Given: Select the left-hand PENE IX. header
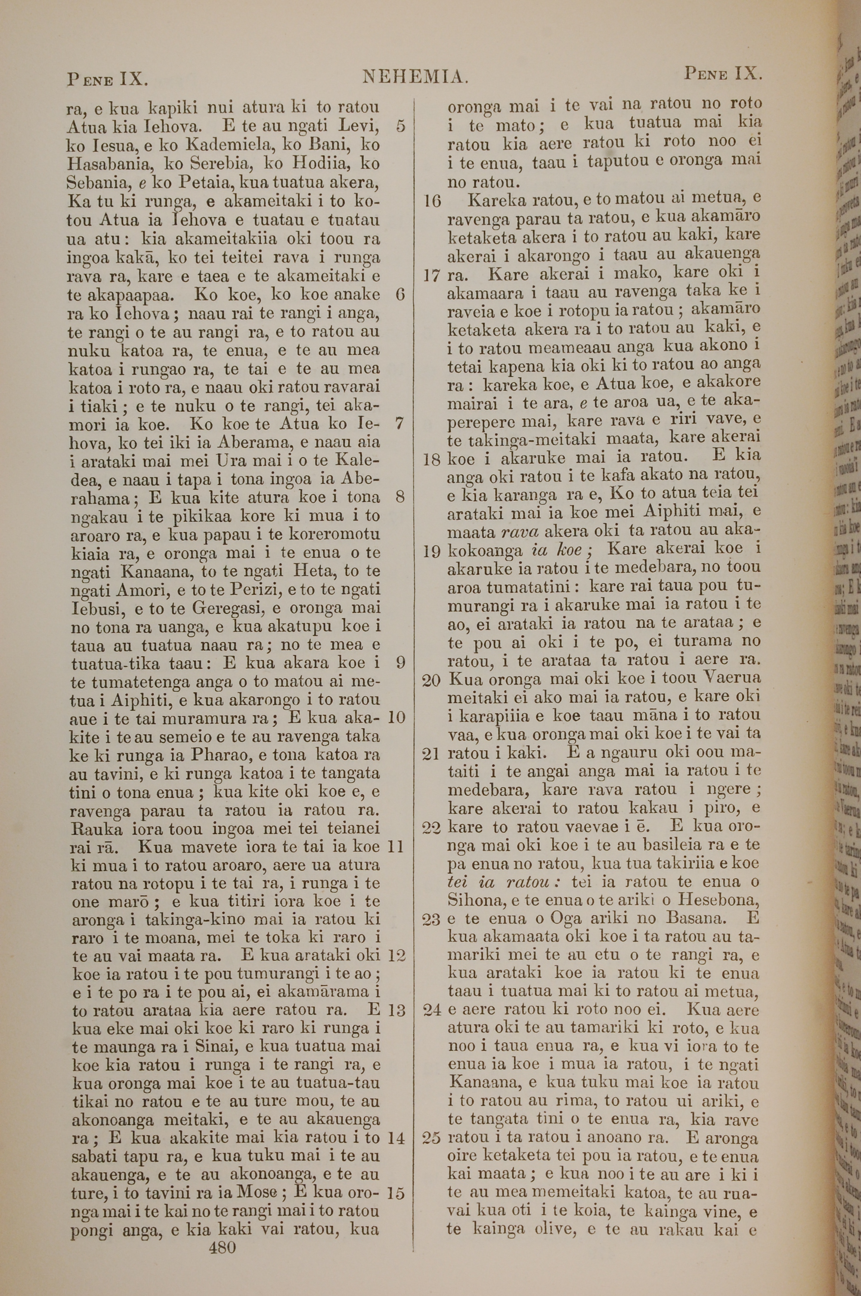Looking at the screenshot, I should (108, 80).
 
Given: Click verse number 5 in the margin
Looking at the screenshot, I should (400, 126).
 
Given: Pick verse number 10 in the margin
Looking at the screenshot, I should (396, 717).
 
